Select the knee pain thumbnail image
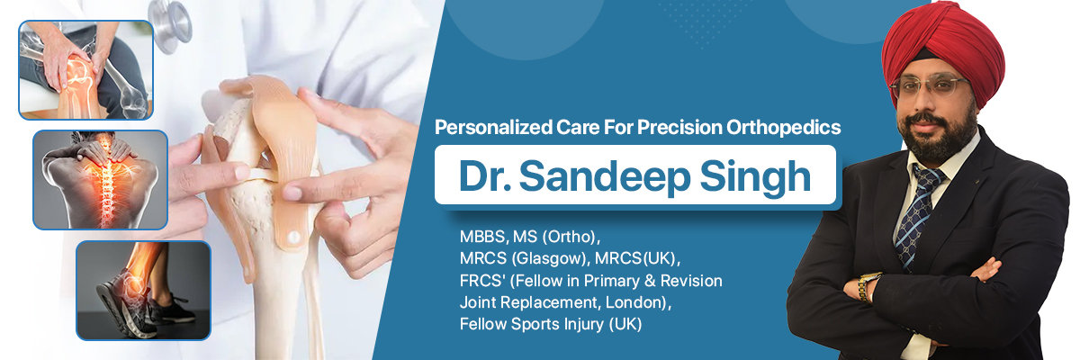tap(85, 70)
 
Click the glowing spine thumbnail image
tap(100, 179)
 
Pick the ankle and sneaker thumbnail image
tap(143, 290)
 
